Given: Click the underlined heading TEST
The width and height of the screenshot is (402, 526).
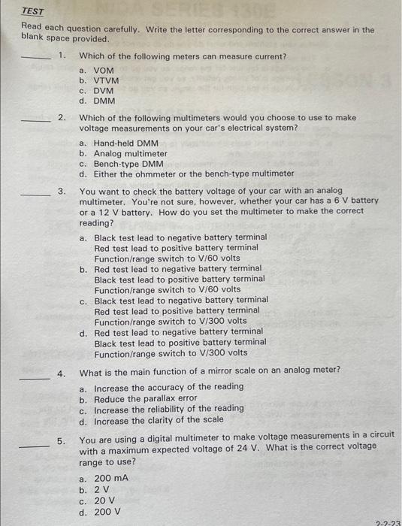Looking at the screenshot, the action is point(32,12).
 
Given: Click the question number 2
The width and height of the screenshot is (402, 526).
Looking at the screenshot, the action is point(62,118).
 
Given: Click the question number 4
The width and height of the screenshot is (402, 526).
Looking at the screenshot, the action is point(62,373).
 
